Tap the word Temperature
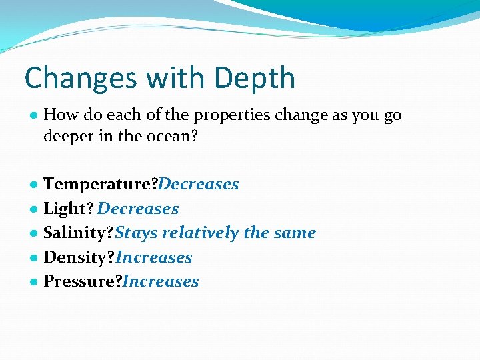pyautogui.click(x=99, y=184)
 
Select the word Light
pyautogui.click(x=65, y=209)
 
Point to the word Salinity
pyautogui.click(x=76, y=233)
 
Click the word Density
pyautogui.click(x=75, y=257)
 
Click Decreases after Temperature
pyautogui.click(x=199, y=184)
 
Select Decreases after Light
pyautogui.click(x=138, y=209)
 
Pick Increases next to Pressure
pyautogui.click(x=161, y=281)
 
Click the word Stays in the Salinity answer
pyautogui.click(x=137, y=233)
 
